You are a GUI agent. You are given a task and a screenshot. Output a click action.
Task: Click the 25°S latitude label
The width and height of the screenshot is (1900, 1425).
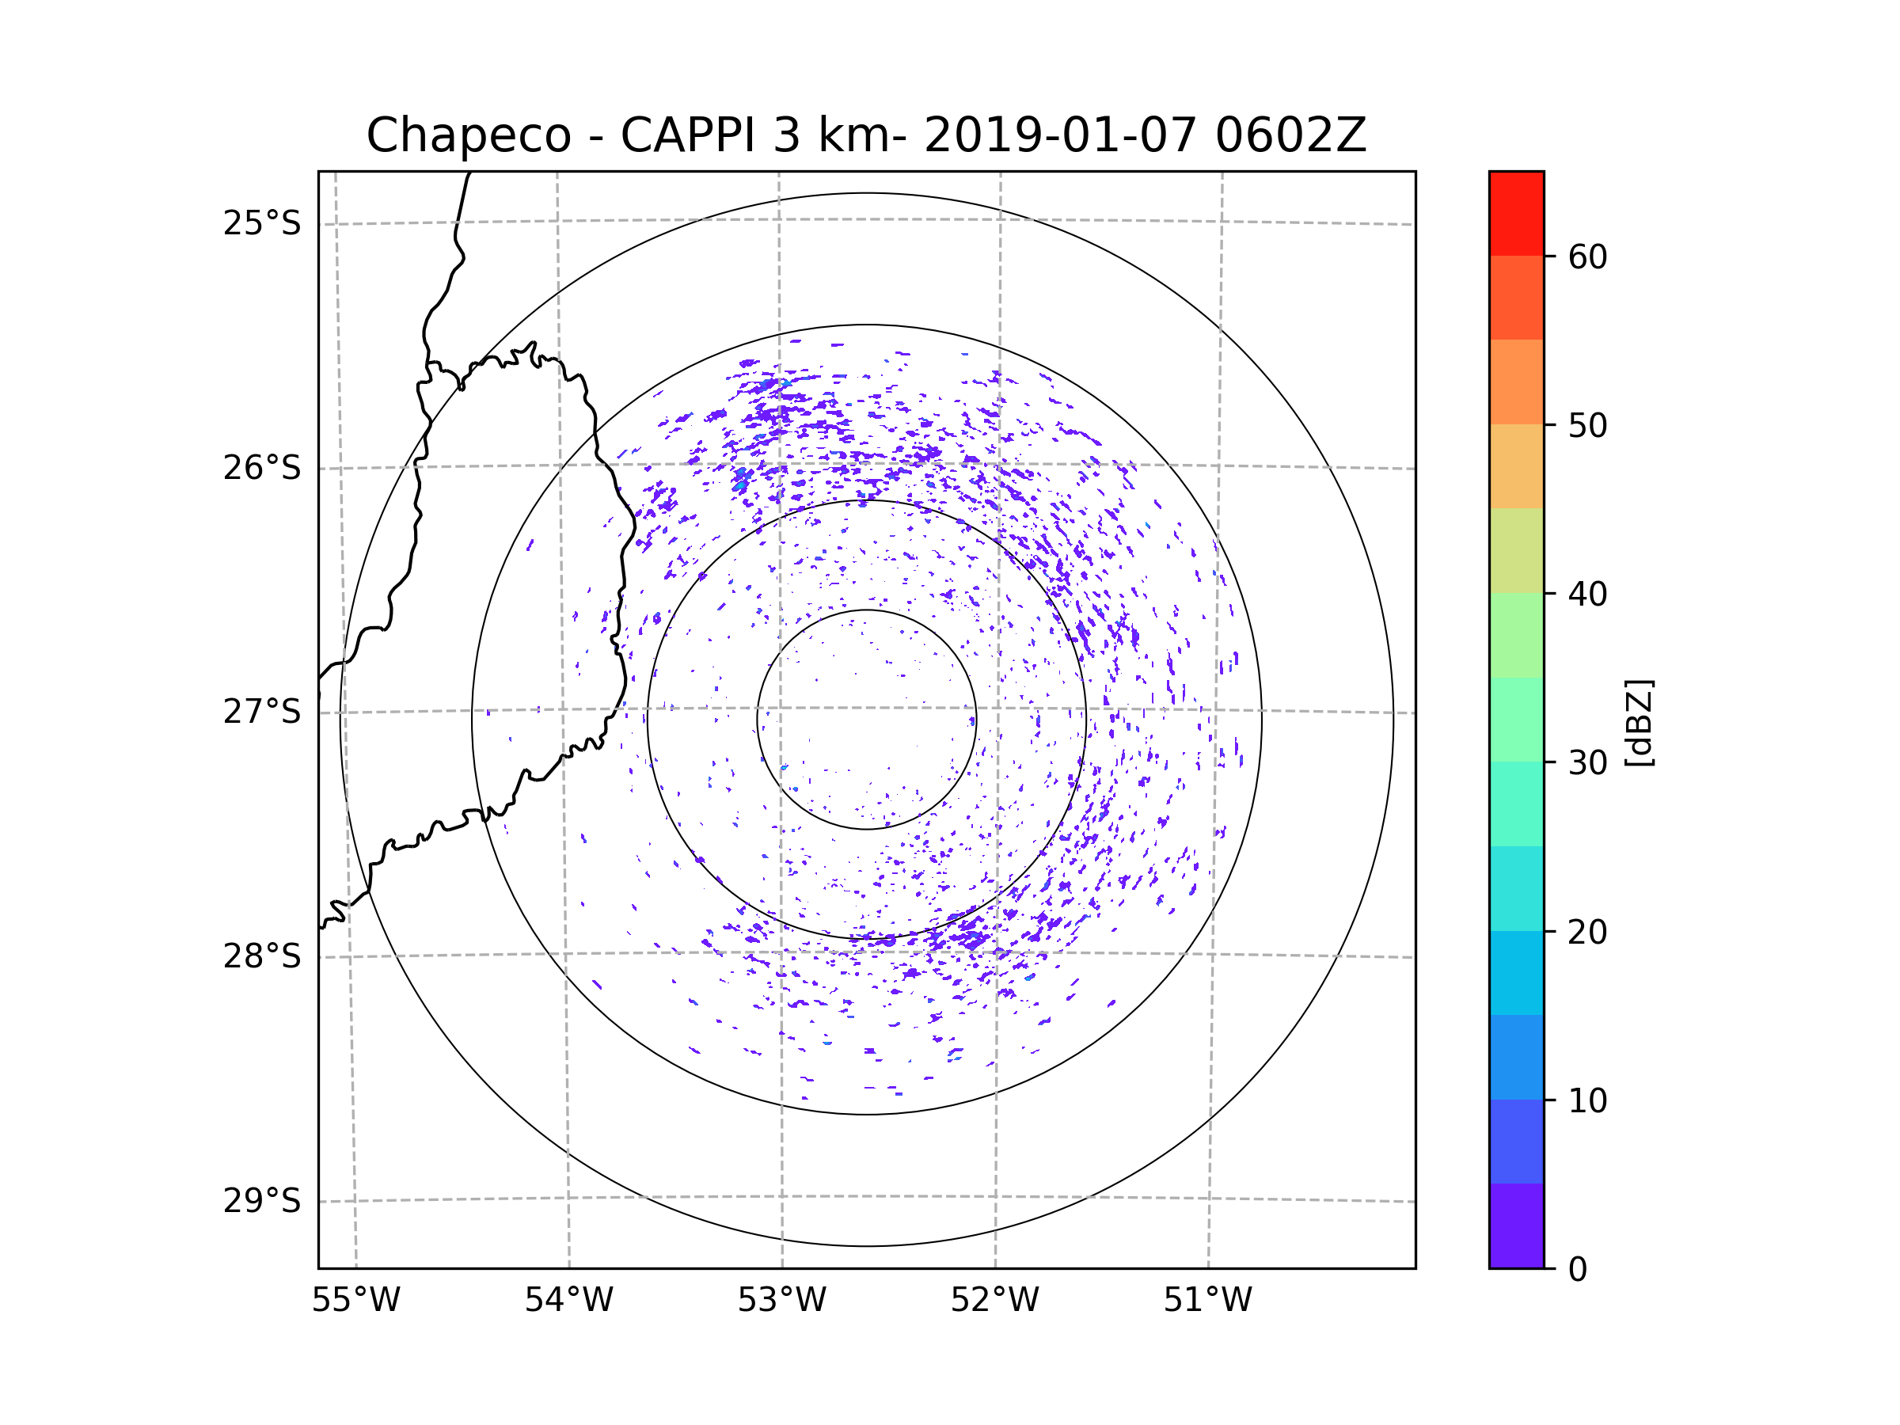pyautogui.click(x=262, y=223)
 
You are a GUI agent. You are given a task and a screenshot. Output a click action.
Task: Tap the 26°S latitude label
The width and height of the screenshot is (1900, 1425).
pyautogui.click(x=262, y=468)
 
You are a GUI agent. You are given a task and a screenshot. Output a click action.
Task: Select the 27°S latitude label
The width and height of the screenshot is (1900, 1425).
pyautogui.click(x=262, y=712)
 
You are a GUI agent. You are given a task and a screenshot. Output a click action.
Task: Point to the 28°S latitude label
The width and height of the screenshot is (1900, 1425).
pyautogui.click(x=262, y=956)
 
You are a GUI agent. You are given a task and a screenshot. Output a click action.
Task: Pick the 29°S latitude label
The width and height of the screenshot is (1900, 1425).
pyautogui.click(x=262, y=1201)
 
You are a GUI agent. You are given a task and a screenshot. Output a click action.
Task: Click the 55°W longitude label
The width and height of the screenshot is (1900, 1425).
pyautogui.click(x=355, y=1301)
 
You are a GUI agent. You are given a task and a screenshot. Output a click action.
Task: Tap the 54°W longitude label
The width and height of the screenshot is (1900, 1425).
pyautogui.click(x=568, y=1301)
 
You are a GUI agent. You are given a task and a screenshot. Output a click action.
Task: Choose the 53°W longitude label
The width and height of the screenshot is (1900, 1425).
pyautogui.click(x=781, y=1301)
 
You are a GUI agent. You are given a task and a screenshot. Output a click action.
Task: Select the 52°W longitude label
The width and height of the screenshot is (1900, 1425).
pyautogui.click(x=994, y=1301)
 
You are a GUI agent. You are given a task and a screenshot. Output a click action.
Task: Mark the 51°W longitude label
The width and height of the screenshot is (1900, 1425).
pyautogui.click(x=1207, y=1301)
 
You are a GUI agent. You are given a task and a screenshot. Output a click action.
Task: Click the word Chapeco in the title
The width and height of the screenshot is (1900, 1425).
pyautogui.click(x=468, y=135)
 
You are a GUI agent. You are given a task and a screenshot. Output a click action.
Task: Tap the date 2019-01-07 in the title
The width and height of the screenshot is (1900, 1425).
pyautogui.click(x=1059, y=135)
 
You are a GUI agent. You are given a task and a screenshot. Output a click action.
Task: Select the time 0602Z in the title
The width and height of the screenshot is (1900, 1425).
pyautogui.click(x=1290, y=135)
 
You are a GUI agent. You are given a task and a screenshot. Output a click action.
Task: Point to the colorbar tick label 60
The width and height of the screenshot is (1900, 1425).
pyautogui.click(x=1587, y=256)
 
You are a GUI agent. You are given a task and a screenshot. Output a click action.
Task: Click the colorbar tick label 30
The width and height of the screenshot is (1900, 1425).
pyautogui.click(x=1587, y=762)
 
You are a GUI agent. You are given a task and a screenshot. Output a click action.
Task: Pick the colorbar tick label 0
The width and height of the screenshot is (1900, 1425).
pyautogui.click(x=1578, y=1270)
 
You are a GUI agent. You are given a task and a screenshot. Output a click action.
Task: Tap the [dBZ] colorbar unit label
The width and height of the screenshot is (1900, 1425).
pyautogui.click(x=1638, y=722)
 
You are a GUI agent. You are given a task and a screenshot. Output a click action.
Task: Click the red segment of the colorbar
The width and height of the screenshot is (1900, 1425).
pyautogui.click(x=1516, y=213)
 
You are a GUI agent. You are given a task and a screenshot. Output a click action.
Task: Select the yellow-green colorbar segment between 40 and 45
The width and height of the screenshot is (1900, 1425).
pyautogui.click(x=1516, y=550)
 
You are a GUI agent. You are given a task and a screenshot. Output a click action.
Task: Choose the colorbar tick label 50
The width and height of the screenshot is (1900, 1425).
pyautogui.click(x=1587, y=425)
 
